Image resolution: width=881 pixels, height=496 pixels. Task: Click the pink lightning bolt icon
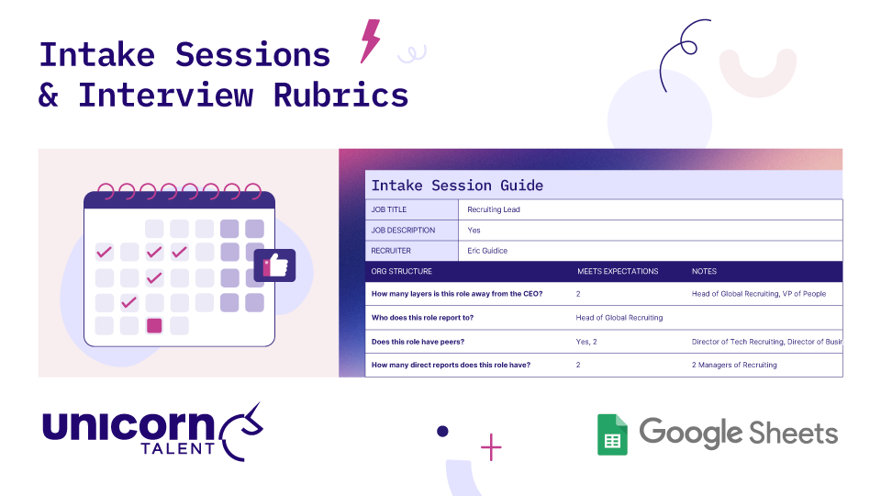[x=370, y=40]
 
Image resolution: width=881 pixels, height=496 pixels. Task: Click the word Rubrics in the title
[x=340, y=95]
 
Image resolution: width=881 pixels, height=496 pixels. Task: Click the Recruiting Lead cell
[x=494, y=210]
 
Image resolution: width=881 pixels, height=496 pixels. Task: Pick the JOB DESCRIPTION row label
[x=403, y=231]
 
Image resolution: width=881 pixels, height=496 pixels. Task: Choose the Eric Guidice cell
[x=487, y=251]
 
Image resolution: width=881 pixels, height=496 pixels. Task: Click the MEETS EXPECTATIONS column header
[x=618, y=272]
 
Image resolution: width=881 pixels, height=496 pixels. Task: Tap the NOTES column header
[x=705, y=272]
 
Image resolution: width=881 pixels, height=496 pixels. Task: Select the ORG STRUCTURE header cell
[x=401, y=272]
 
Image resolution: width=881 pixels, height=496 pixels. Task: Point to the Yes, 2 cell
[x=586, y=342]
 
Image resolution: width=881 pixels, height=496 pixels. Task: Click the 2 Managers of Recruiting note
[x=734, y=365]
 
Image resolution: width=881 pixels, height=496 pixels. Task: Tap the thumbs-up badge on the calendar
[x=274, y=265]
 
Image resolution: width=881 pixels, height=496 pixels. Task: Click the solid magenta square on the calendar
[x=154, y=325]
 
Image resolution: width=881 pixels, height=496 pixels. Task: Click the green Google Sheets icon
[x=612, y=434]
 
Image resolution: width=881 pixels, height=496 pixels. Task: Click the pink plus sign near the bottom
[x=492, y=448]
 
